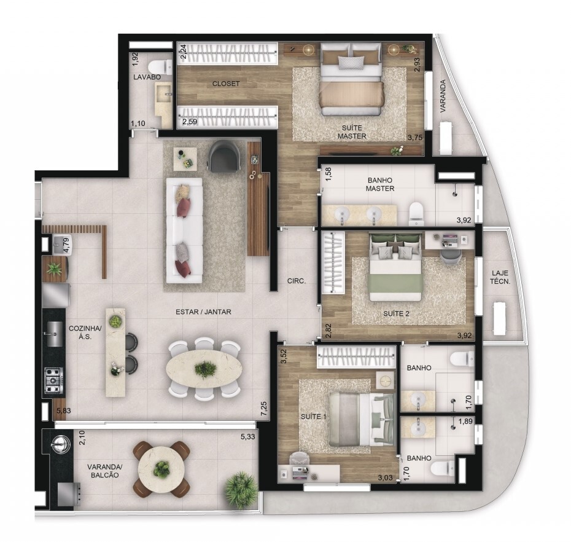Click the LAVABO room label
click(x=142, y=77)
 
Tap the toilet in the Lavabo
click(x=160, y=67)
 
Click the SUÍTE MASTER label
click(x=352, y=132)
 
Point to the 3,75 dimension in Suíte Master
click(x=415, y=138)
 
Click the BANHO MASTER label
click(x=380, y=184)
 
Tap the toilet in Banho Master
click(x=416, y=213)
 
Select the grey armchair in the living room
click(x=224, y=155)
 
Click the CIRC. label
click(x=297, y=281)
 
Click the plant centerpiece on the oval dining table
click(x=204, y=369)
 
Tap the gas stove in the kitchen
click(x=53, y=381)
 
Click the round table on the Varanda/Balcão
click(x=161, y=469)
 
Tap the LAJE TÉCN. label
click(x=500, y=277)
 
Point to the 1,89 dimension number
click(x=465, y=422)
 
